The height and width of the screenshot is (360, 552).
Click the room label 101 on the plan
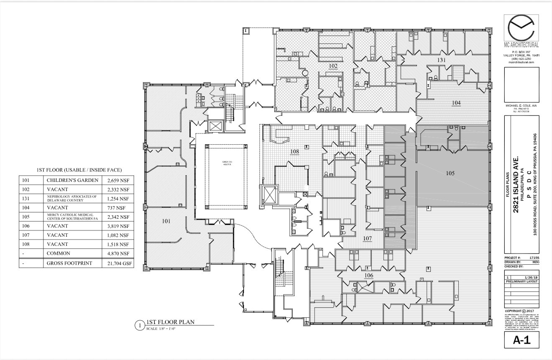(166, 221)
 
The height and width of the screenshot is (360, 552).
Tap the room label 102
(333, 66)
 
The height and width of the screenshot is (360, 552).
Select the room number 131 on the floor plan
(442, 60)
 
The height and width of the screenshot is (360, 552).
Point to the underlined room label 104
(456, 102)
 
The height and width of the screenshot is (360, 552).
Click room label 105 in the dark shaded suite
(450, 173)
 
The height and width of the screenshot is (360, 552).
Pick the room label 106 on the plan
(368, 276)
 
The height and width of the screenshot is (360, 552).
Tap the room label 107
(367, 239)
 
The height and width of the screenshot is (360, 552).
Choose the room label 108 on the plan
(294, 151)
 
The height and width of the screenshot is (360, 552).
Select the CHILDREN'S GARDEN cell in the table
(72, 180)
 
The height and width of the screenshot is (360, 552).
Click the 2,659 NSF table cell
(118, 180)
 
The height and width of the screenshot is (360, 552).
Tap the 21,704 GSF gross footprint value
(118, 263)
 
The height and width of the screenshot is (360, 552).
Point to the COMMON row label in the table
(58, 253)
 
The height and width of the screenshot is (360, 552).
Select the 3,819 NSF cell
(118, 226)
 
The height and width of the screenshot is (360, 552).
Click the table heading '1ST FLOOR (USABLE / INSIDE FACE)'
(79, 170)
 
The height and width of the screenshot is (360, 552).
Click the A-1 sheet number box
(521, 340)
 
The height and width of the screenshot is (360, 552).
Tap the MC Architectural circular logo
(521, 28)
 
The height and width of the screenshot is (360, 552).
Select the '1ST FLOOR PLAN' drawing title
(170, 322)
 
